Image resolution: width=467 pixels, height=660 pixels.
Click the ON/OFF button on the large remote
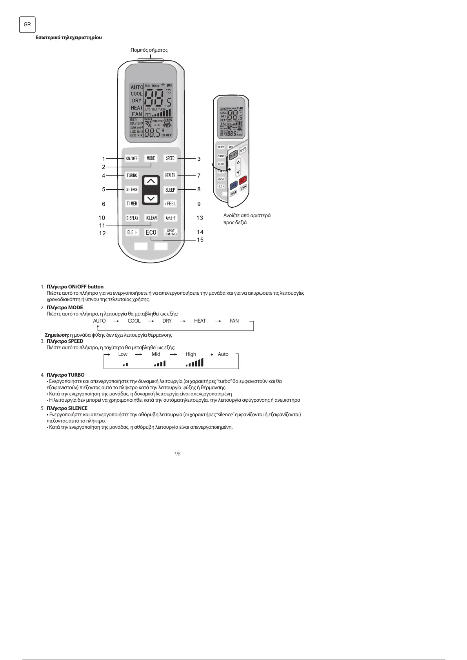(132, 158)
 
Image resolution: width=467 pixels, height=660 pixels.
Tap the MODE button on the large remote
(151, 158)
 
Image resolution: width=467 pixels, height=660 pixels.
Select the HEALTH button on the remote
(170, 175)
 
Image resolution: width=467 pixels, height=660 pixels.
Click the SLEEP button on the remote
(170, 190)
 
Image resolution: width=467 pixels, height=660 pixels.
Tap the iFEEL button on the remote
(170, 204)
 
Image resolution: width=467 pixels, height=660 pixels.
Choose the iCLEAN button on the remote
(151, 218)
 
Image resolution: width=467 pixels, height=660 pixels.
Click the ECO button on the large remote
(151, 232)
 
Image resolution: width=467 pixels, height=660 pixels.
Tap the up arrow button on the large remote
(151, 181)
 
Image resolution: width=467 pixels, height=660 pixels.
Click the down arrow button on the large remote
(151, 199)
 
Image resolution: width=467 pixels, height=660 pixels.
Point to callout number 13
(200, 218)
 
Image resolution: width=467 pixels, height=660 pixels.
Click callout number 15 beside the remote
(200, 240)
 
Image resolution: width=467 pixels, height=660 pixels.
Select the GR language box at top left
(27, 24)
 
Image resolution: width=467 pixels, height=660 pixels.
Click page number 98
(178, 453)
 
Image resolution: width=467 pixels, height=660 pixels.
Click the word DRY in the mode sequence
(167, 321)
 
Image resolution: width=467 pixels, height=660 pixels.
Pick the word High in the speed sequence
(191, 354)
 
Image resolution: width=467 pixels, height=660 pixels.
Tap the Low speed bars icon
(125, 364)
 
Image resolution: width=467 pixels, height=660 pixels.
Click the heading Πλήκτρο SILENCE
(67, 408)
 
